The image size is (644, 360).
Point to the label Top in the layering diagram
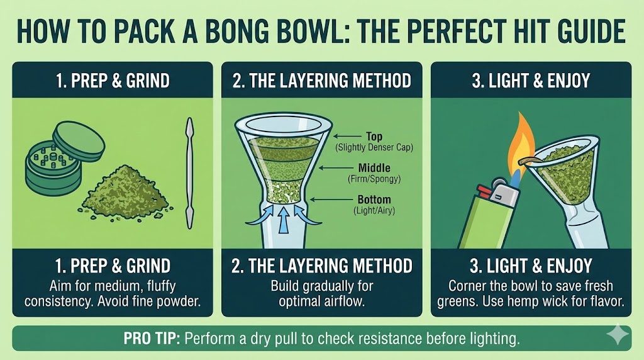coord(374,136)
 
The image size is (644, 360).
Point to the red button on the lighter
coord(482,191)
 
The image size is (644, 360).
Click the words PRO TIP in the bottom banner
coord(152,339)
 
